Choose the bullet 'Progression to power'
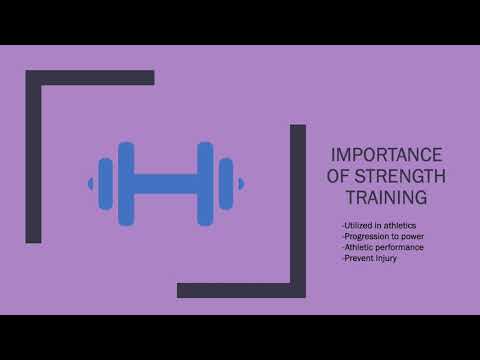coord(383,236)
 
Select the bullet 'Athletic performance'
coord(384,246)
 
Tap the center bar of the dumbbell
coord(165,183)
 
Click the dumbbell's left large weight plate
coord(126,183)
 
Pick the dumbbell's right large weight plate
coord(205,183)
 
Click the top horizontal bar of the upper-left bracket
coord(90,77)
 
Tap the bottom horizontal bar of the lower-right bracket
coord(241,290)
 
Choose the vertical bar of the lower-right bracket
coord(297,210)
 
